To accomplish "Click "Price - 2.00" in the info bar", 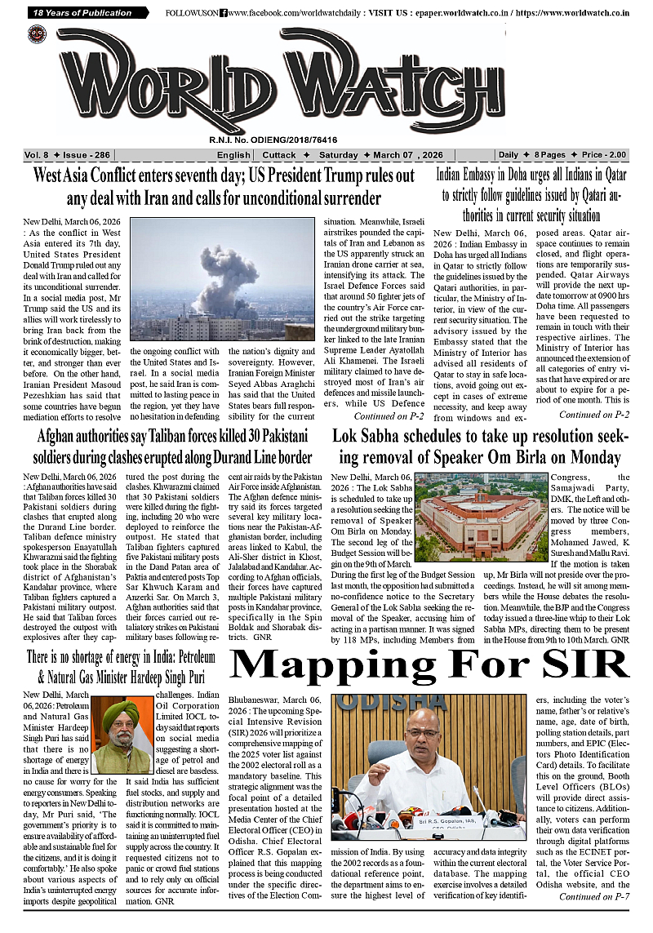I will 604,155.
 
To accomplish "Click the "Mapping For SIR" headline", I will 430,666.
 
